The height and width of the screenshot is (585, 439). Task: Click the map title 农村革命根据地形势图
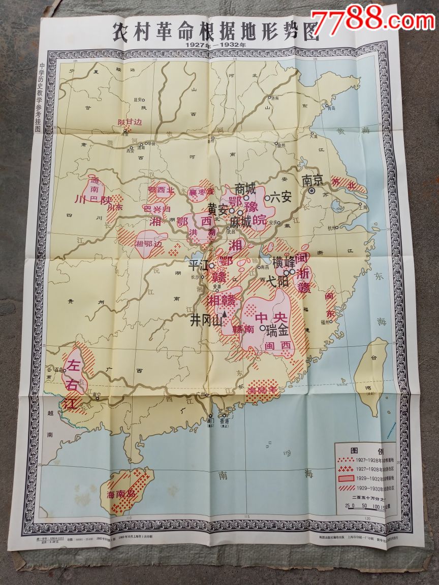pyautogui.click(x=216, y=31)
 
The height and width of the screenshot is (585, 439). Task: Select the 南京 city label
pyautogui.click(x=312, y=180)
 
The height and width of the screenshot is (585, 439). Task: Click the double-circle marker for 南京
pyautogui.click(x=312, y=191)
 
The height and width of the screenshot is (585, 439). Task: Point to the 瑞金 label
pyautogui.click(x=277, y=330)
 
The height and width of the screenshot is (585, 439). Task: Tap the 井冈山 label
pyautogui.click(x=206, y=321)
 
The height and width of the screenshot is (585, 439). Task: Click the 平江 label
pyautogui.click(x=199, y=265)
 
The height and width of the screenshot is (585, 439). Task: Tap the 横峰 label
pyautogui.click(x=284, y=263)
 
